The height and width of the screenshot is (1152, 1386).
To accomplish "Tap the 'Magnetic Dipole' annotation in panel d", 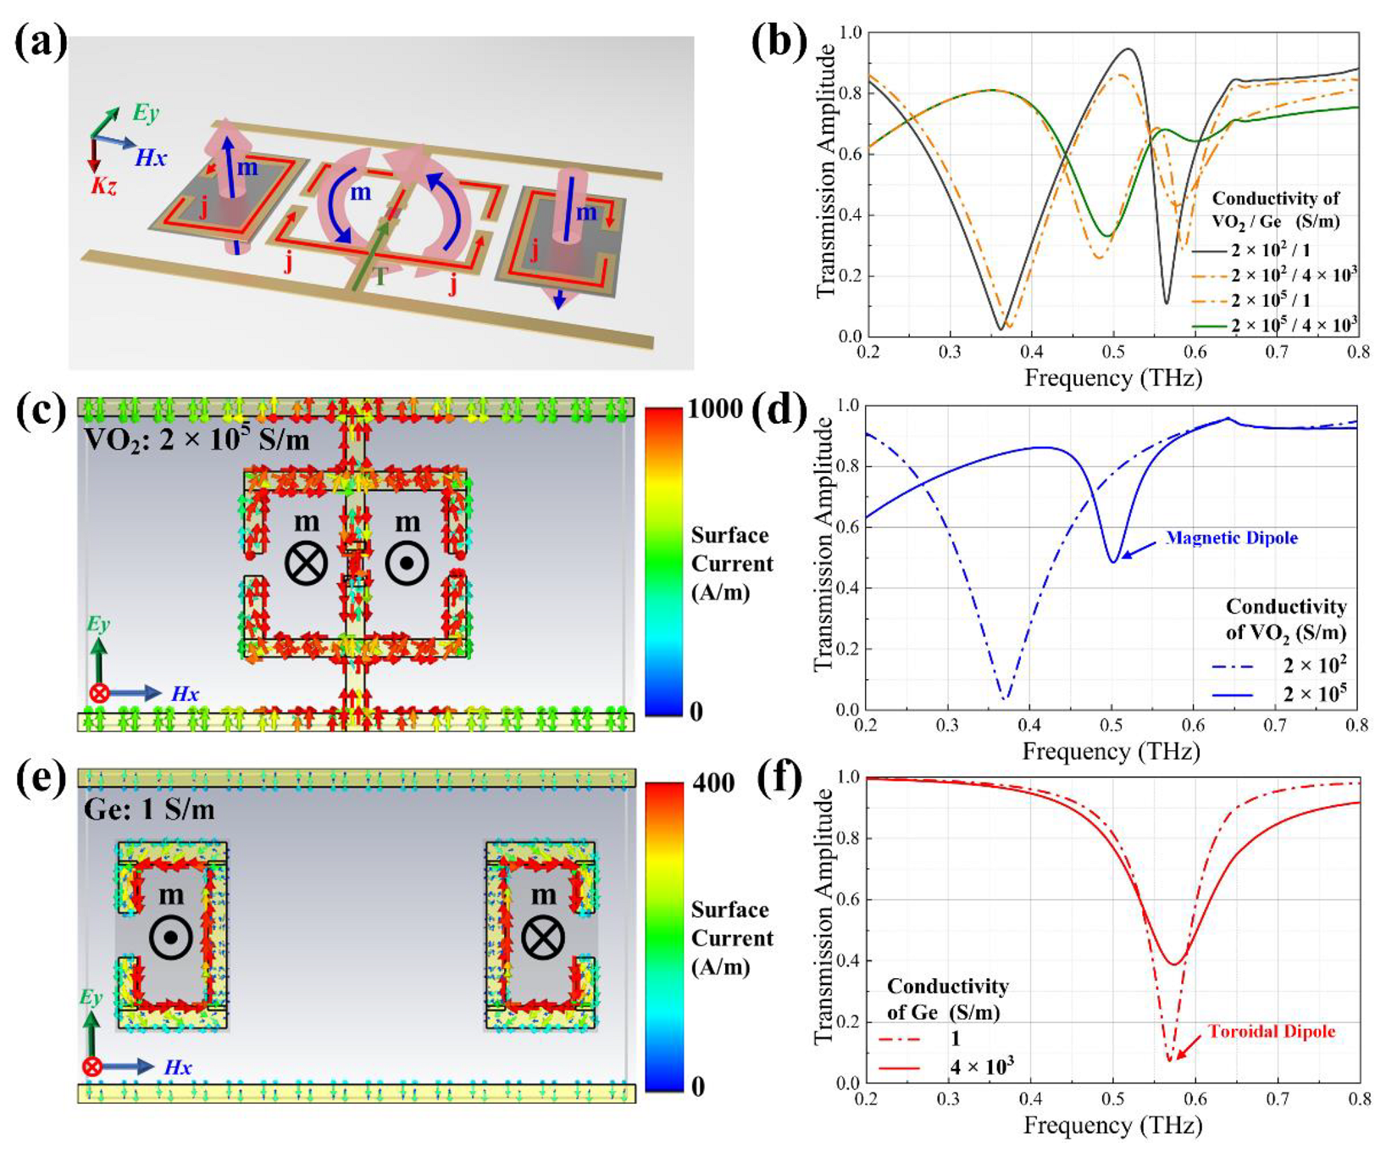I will (x=1232, y=537).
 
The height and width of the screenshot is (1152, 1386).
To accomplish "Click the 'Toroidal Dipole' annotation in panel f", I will (x=1272, y=1032).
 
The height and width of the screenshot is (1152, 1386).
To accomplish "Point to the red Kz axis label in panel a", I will (x=103, y=186).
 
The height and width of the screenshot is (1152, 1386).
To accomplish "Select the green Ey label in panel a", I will (x=146, y=113).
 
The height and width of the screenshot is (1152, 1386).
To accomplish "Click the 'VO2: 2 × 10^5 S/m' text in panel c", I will (x=197, y=440).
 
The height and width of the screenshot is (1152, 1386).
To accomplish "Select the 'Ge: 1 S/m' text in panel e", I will (x=149, y=810).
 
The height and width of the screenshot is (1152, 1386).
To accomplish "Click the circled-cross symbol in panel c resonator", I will (x=306, y=564).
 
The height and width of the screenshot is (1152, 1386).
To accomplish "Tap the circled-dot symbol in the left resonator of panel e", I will (x=170, y=938).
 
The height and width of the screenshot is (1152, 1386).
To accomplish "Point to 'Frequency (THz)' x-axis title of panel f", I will (x=1112, y=1126).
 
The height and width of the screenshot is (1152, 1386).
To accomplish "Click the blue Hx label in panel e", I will (x=178, y=1067).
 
